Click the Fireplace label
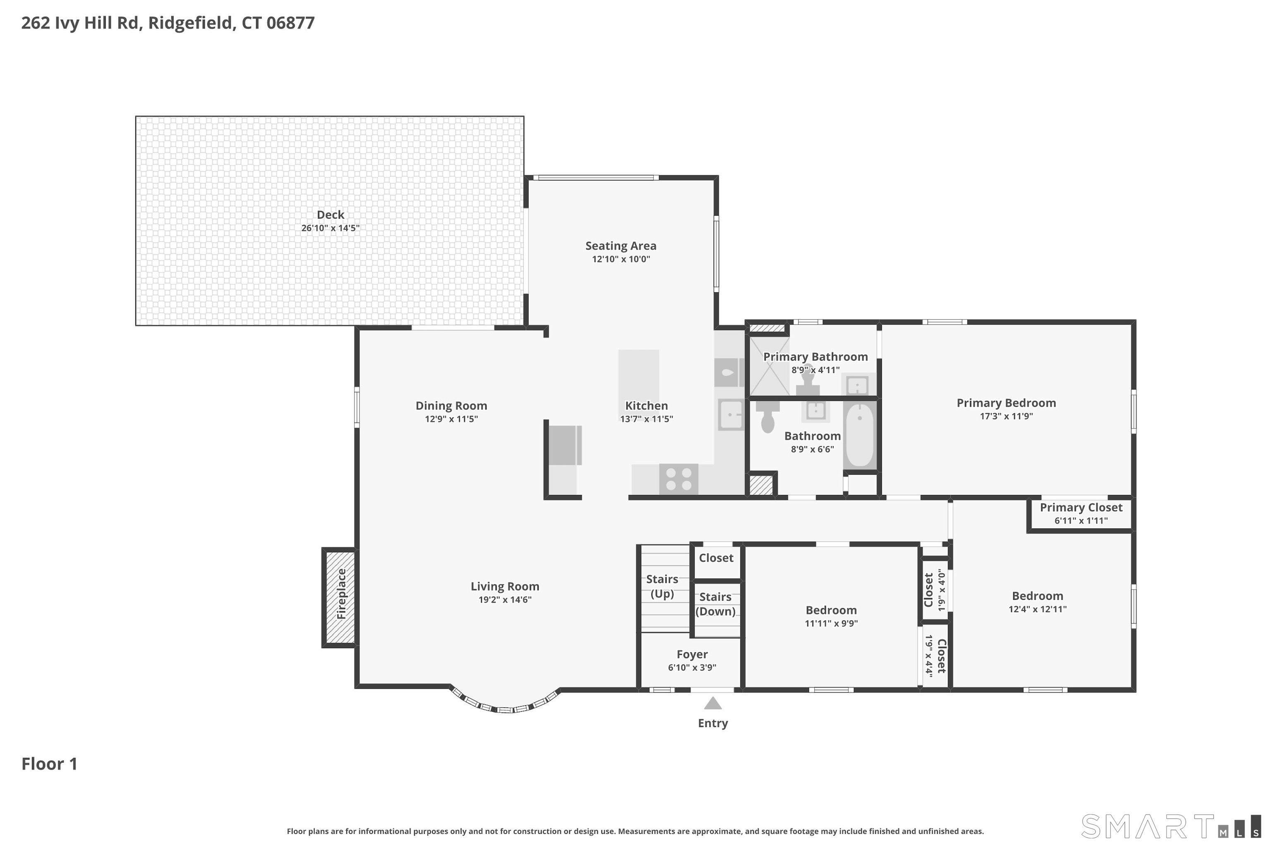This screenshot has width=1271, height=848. (341, 594)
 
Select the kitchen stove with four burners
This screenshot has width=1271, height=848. (678, 479)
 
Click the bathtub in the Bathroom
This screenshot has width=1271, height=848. (859, 434)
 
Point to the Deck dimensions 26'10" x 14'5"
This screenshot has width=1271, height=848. (330, 228)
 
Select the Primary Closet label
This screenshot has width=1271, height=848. (1081, 507)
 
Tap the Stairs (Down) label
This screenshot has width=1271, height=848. (715, 604)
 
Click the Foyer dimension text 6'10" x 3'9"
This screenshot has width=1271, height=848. (692, 667)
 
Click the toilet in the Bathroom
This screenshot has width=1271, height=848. (767, 417)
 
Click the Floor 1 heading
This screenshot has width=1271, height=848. (49, 764)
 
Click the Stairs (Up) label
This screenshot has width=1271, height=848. (662, 586)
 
